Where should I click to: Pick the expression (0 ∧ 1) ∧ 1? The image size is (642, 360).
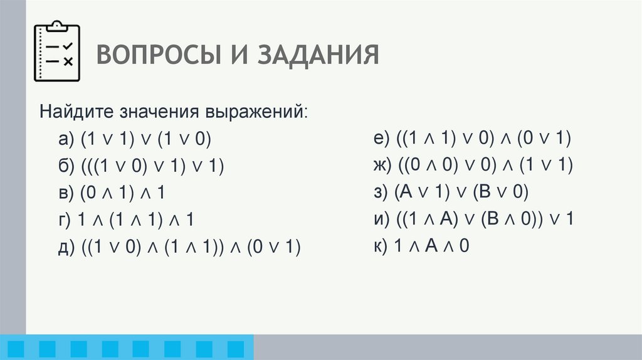coord(122,193)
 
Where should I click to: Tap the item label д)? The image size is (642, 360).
coord(64,248)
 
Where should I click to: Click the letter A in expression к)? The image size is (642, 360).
coord(431,246)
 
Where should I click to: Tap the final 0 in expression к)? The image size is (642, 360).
coord(464,246)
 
